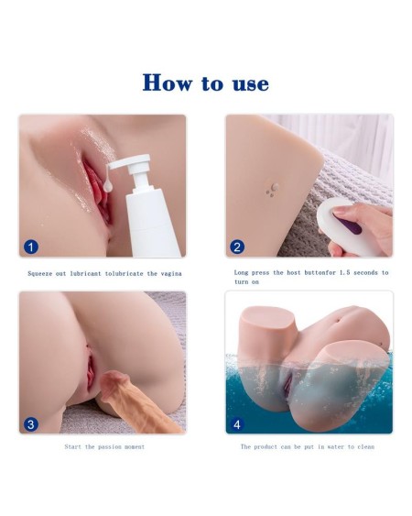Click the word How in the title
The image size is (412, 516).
click(x=168, y=83)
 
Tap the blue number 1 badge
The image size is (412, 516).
click(x=31, y=247)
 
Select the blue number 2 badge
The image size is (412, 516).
click(x=237, y=247)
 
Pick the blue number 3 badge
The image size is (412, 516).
click(x=31, y=423)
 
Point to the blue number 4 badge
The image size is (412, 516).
click(x=237, y=423)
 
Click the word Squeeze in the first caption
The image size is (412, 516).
click(x=42, y=273)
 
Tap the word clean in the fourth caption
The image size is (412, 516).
click(x=364, y=446)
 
